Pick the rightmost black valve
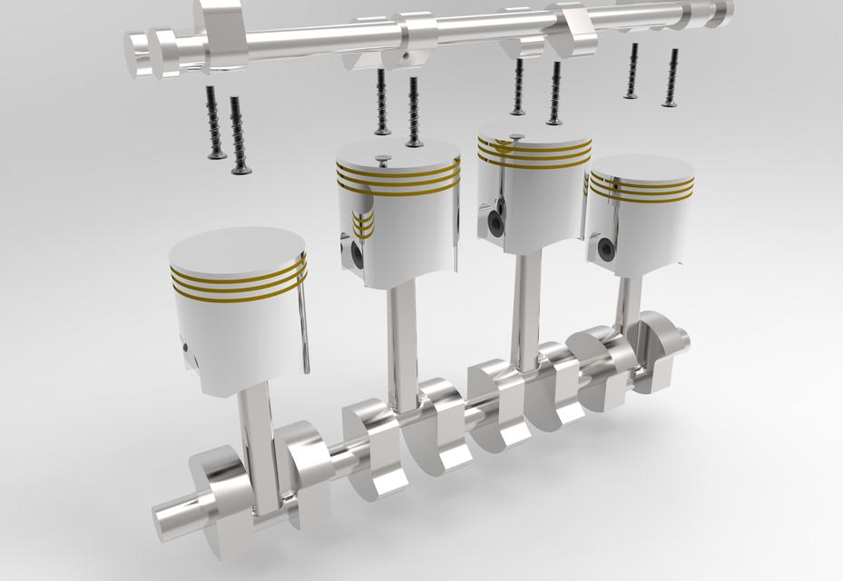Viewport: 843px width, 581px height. coord(671,77)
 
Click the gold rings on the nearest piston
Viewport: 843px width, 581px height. coord(238,282)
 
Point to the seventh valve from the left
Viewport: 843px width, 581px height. coord(631,72)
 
